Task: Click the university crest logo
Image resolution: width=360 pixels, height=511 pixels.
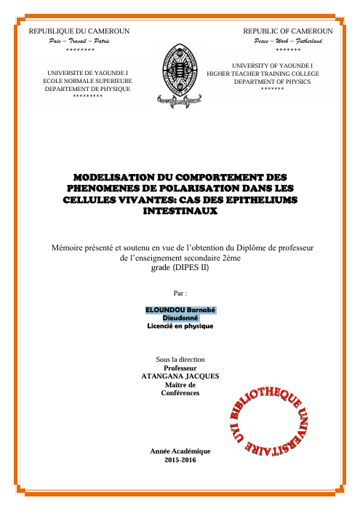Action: (x=180, y=74)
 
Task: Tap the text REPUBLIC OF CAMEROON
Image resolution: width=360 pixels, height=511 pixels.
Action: (x=288, y=32)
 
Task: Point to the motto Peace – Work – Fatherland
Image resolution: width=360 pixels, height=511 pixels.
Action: (x=288, y=42)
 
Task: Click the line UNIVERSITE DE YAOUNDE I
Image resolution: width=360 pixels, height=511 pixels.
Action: (x=87, y=74)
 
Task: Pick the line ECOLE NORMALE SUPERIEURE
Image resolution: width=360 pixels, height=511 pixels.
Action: (x=87, y=81)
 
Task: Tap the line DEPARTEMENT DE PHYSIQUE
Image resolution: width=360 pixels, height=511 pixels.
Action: (x=87, y=88)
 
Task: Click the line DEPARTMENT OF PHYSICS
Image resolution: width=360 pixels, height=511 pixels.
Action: (x=272, y=82)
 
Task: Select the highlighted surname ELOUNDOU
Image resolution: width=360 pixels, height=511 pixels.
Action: (x=165, y=309)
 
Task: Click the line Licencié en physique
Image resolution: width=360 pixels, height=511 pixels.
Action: (x=180, y=326)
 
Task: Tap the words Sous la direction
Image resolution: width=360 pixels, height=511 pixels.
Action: (x=180, y=360)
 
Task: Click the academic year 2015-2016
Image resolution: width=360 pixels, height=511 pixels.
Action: (x=180, y=461)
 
